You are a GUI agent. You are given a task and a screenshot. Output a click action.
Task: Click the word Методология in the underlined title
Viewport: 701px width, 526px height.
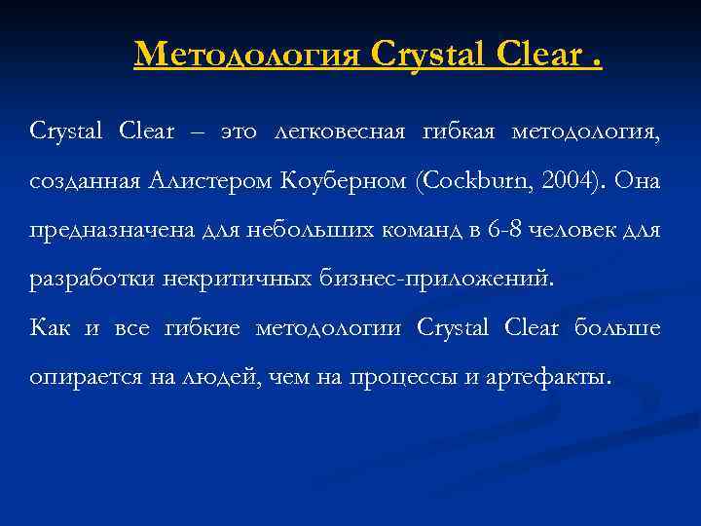(x=248, y=54)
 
